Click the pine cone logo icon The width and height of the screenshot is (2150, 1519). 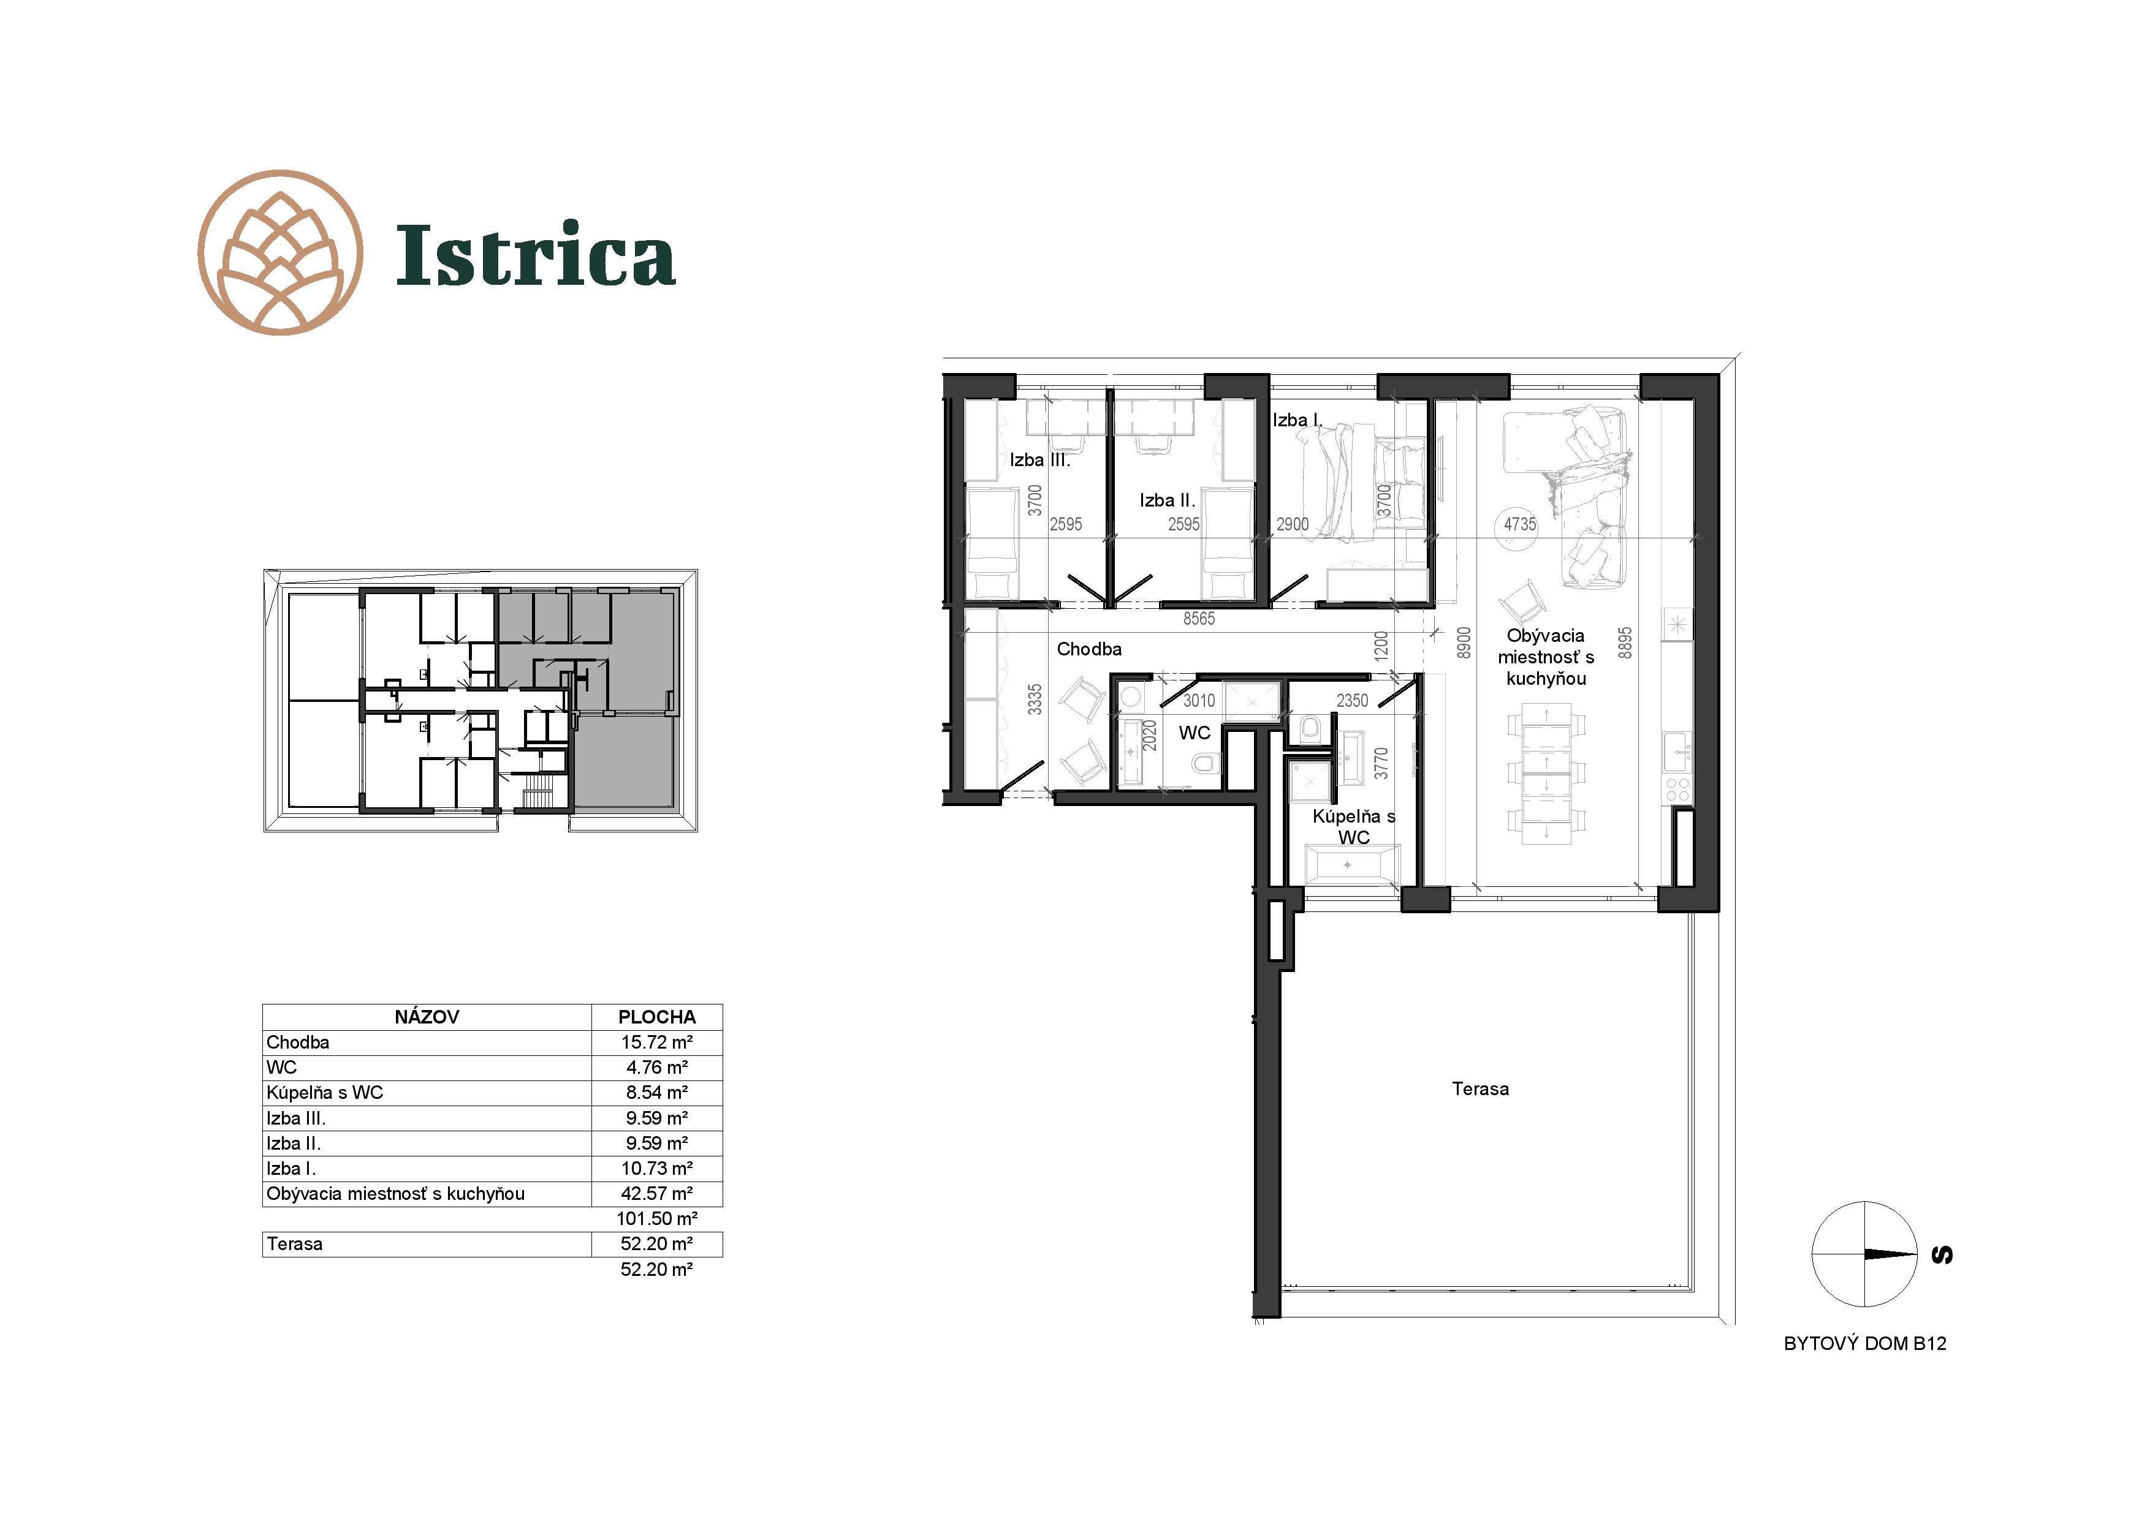coord(280,253)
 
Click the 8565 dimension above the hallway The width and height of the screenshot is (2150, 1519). coord(1199,619)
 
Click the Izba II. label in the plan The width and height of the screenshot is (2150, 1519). coord(1167,500)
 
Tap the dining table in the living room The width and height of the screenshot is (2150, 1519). coord(1546,775)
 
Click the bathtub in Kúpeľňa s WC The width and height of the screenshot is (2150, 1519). coord(1348,865)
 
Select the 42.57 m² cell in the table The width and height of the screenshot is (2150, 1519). coord(656,1193)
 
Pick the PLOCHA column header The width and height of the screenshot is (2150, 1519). coord(656,1017)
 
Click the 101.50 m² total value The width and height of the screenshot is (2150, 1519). coord(656,1219)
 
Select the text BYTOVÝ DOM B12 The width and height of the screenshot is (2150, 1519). coord(1864,1343)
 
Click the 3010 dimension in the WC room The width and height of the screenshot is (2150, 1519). coord(1199,700)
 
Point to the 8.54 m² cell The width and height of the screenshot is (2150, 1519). coord(656,1092)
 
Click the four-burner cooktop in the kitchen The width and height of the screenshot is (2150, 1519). coord(1677,789)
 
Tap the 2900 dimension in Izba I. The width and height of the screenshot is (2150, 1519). coord(1292,524)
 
